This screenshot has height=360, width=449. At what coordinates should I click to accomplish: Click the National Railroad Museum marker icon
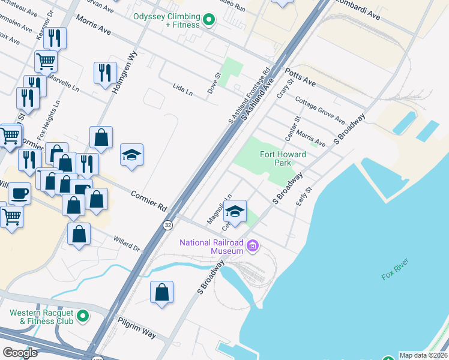point(253,246)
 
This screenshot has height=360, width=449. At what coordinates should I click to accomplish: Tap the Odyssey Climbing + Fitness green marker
point(208,20)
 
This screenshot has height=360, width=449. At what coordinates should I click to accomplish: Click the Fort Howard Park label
point(283,159)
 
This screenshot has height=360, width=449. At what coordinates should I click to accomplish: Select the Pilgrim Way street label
point(137,326)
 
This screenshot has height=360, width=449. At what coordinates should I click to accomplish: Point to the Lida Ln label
point(182,92)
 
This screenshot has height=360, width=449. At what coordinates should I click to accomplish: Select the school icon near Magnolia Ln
point(235,212)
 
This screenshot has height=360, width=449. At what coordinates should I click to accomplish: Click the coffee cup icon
point(19,194)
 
